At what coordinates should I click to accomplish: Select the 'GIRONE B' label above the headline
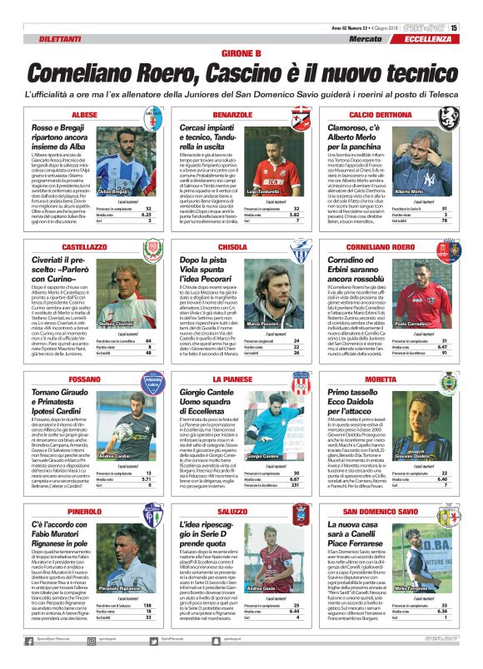[x=242, y=53]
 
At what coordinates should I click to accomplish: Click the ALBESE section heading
[x=84, y=113]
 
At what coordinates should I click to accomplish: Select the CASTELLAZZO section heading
[x=84, y=247]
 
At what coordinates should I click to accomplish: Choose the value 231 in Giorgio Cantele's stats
[x=296, y=485]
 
